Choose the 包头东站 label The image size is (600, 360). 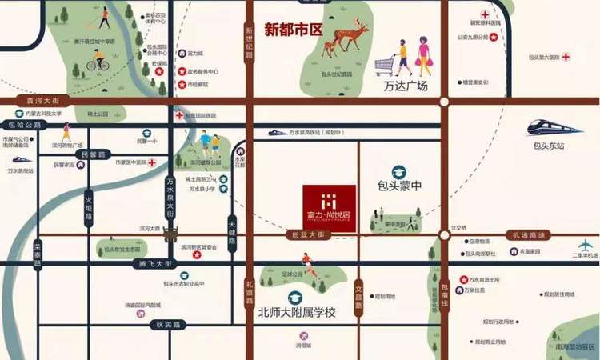tap(550, 146)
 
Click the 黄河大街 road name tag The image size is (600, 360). tap(43, 102)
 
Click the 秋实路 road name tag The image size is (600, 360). tap(168, 324)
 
